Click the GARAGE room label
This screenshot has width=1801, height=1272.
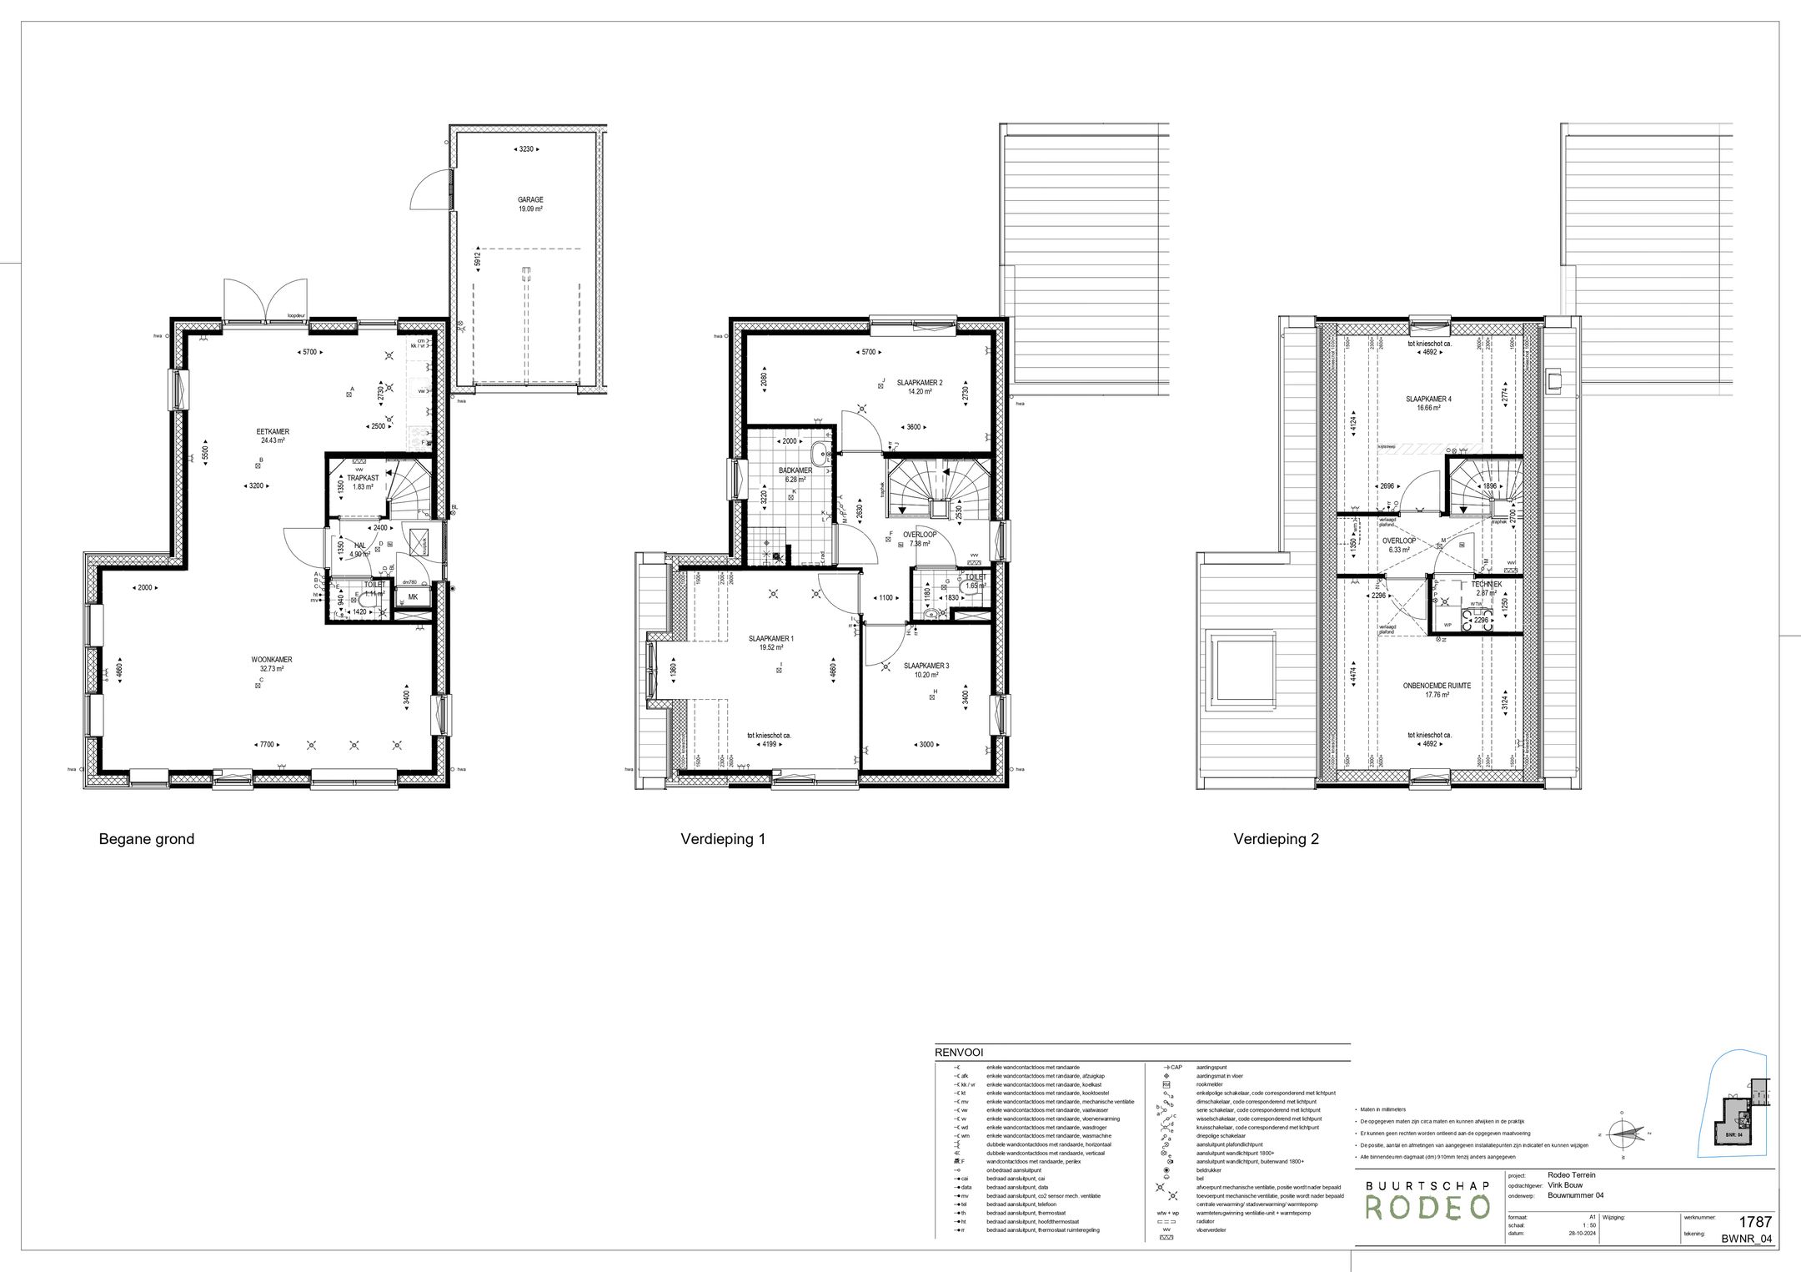tap(529, 199)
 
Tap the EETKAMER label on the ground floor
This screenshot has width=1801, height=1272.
tap(273, 431)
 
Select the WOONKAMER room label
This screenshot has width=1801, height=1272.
tap(272, 659)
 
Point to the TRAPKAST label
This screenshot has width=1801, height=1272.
tap(363, 478)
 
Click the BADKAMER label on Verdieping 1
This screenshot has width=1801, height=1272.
tap(795, 470)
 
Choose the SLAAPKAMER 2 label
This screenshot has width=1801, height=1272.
tap(920, 383)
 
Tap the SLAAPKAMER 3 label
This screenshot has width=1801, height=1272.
tap(926, 666)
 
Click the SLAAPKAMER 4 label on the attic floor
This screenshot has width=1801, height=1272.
tap(1428, 399)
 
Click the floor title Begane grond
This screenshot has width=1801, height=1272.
tap(147, 839)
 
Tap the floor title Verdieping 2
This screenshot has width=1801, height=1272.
tap(1276, 840)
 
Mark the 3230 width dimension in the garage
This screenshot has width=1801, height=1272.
tap(525, 149)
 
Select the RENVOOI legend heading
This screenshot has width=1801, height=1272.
tap(960, 1053)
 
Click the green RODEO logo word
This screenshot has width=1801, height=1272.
tap(1427, 1206)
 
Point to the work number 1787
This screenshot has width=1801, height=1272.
tap(1755, 1222)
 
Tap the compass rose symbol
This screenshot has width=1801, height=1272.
tap(1623, 1134)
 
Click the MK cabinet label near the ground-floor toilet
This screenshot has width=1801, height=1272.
tap(413, 597)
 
